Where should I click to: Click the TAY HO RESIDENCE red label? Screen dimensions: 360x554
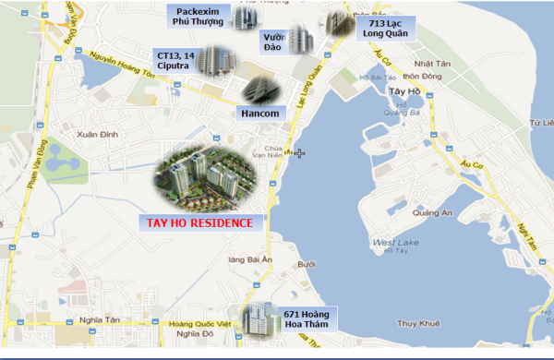201,222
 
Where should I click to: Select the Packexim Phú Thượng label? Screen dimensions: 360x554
198,17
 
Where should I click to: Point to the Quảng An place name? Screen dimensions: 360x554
432,212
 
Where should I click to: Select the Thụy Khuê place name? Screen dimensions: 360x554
415,323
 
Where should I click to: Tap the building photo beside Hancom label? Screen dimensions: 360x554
255,90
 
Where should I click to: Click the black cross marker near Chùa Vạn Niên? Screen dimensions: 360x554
300,153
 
